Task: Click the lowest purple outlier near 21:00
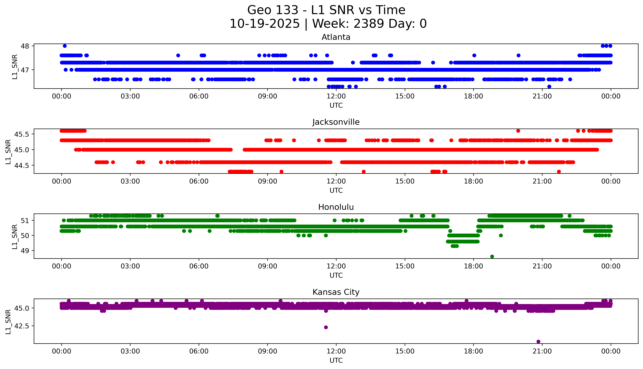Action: pos(538,341)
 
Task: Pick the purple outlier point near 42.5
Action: pos(326,327)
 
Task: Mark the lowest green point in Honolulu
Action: pos(492,256)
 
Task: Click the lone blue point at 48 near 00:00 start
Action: pos(65,46)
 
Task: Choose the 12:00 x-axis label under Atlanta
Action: pos(336,96)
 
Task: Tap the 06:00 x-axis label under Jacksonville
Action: pos(199,181)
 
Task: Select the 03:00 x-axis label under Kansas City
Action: pos(130,351)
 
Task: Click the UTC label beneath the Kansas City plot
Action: pos(336,360)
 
